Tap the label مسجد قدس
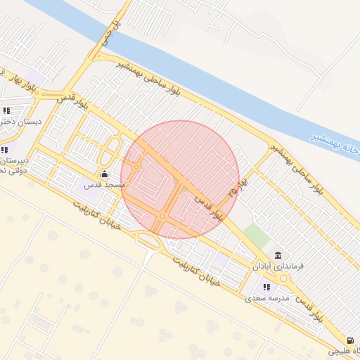[x=105, y=185]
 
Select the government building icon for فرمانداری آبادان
[x=278, y=255]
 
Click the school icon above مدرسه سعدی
[x=266, y=286]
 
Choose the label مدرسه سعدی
[x=264, y=298]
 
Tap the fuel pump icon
[x=351, y=340]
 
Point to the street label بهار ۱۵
[x=240, y=186]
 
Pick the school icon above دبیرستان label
[x=5, y=149]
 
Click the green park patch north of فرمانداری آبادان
[x=257, y=236]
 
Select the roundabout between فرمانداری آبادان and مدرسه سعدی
[x=285, y=278]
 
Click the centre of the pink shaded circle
[x=180, y=179]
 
